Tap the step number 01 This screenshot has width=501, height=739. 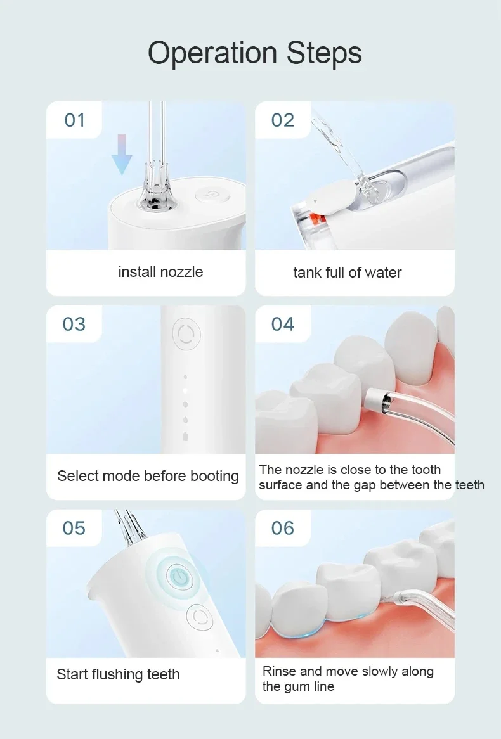click(75, 120)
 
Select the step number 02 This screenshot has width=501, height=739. click(283, 120)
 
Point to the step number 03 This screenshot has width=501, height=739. click(74, 325)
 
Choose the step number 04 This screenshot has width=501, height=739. click(283, 325)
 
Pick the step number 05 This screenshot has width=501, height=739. click(74, 529)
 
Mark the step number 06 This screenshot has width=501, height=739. click(283, 529)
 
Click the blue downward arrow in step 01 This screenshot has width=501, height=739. click(122, 155)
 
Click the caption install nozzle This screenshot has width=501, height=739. click(160, 272)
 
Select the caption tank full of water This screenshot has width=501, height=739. click(347, 273)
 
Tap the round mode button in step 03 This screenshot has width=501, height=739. click(186, 333)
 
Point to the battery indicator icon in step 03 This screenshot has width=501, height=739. click(185, 436)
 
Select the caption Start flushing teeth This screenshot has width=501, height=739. click(119, 674)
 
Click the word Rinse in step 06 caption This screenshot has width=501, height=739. click(279, 671)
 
